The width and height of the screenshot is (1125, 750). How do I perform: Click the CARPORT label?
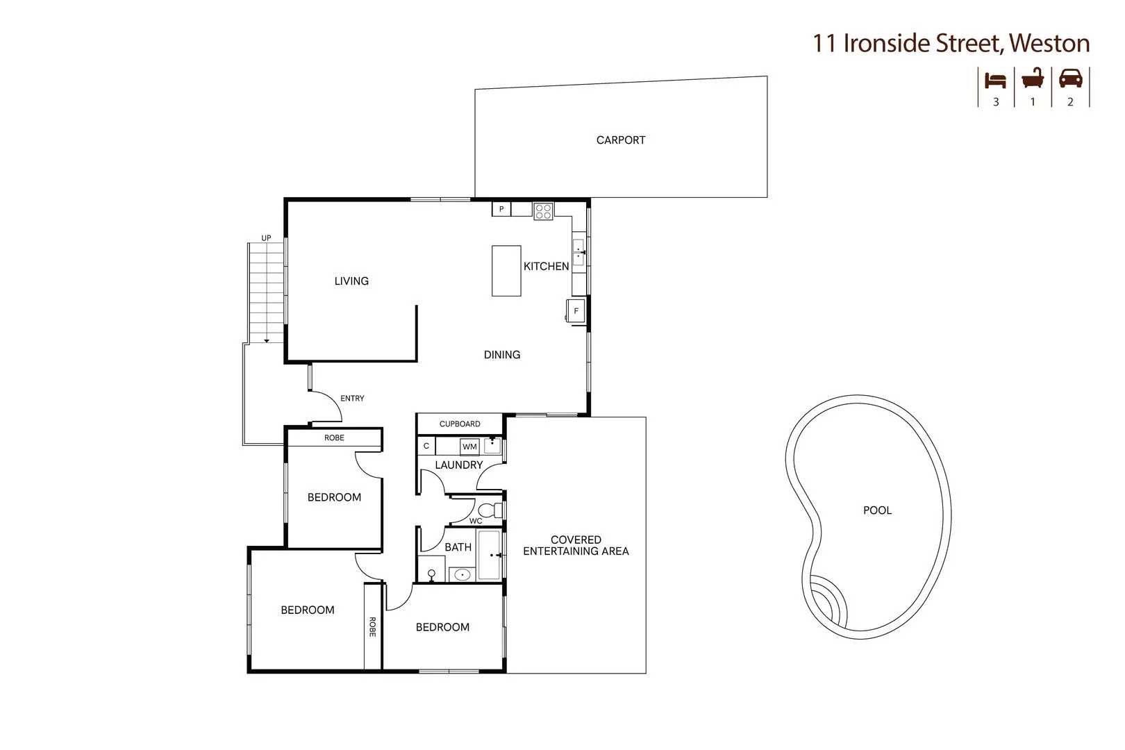pyautogui.click(x=621, y=140)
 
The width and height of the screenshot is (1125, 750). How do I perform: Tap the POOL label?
pyautogui.click(x=877, y=510)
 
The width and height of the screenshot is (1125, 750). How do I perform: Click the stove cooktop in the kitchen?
pyautogui.click(x=543, y=211)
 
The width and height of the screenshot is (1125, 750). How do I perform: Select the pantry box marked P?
pyautogui.click(x=501, y=209)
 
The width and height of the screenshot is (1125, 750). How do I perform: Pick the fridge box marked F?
pyautogui.click(x=576, y=311)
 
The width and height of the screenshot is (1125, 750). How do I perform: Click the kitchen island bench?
pyautogui.click(x=506, y=271)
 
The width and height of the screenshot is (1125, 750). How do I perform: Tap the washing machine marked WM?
pyautogui.click(x=470, y=447)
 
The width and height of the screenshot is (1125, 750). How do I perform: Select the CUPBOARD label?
pyautogui.click(x=460, y=424)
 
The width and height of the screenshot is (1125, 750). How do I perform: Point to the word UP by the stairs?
pyautogui.click(x=266, y=238)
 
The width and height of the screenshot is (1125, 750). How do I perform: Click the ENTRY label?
pyautogui.click(x=352, y=399)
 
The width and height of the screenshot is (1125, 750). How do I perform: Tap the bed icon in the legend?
pyautogui.click(x=995, y=81)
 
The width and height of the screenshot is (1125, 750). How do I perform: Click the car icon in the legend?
pyautogui.click(x=1070, y=78)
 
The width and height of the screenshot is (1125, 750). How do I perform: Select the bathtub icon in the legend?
pyautogui.click(x=1033, y=78)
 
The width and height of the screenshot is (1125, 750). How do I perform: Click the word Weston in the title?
pyautogui.click(x=1049, y=43)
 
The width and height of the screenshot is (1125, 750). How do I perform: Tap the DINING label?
pyautogui.click(x=502, y=355)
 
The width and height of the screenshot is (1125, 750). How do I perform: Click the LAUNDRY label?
pyautogui.click(x=458, y=465)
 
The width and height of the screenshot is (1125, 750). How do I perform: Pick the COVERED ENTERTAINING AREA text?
pyautogui.click(x=576, y=546)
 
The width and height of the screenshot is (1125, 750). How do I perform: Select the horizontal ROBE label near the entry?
pyautogui.click(x=334, y=438)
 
